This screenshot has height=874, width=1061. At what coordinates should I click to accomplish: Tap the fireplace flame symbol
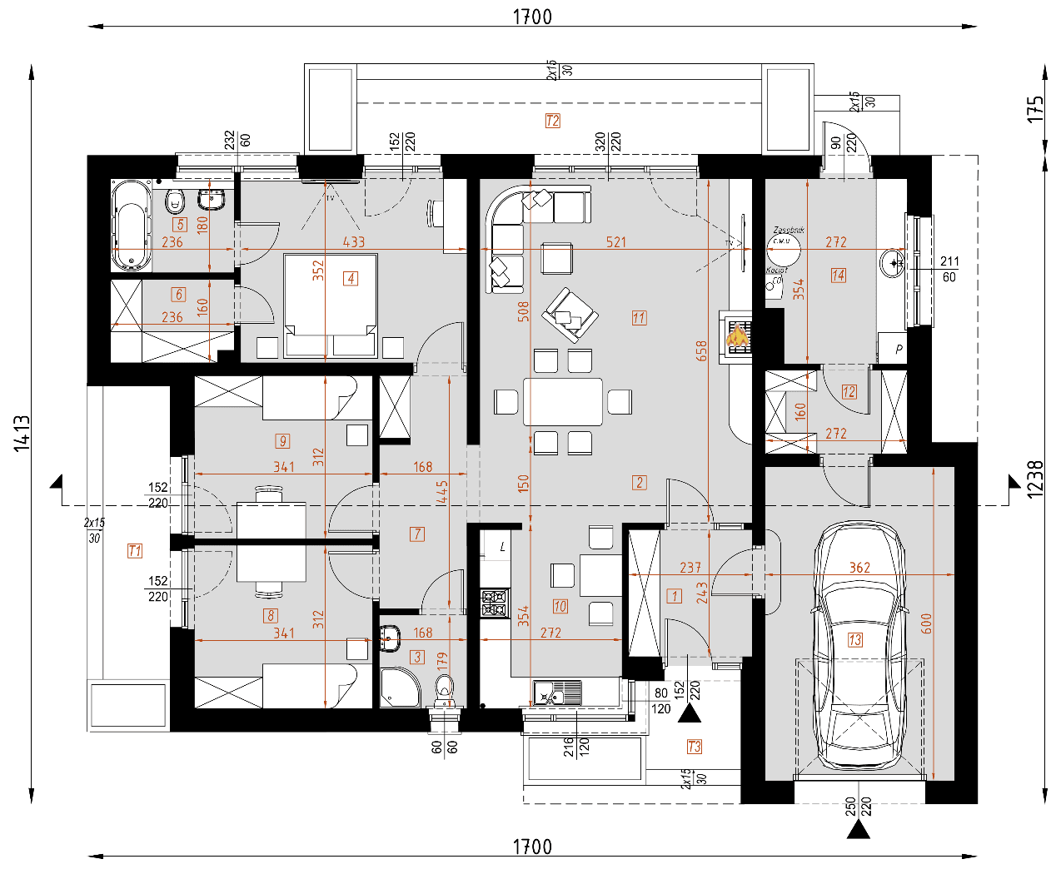coord(737,335)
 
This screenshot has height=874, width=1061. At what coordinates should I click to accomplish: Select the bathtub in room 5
coord(132,226)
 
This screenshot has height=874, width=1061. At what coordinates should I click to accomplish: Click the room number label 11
coord(639,318)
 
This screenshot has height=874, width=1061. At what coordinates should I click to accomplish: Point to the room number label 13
coord(855,639)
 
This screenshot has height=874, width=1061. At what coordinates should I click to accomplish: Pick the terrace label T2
coord(553,121)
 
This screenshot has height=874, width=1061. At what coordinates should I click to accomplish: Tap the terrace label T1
coord(135,550)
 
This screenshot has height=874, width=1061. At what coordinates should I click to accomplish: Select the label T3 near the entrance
coord(695,747)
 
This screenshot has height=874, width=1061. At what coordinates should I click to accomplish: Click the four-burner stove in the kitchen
coord(495,603)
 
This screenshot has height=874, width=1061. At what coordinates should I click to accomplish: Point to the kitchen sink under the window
coord(557,693)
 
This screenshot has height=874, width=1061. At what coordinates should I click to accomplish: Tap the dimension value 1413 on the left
coord(22,433)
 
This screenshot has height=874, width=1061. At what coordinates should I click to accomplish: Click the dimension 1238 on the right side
coord(1035,479)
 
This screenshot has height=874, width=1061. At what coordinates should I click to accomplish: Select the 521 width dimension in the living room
coord(616,242)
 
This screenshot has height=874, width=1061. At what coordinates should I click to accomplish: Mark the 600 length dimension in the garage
coord(927,623)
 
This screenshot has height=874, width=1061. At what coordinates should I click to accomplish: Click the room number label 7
coord(417,534)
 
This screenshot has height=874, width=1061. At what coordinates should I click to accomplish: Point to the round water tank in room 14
coord(783,246)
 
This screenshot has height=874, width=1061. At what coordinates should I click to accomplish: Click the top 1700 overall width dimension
coord(532,17)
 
